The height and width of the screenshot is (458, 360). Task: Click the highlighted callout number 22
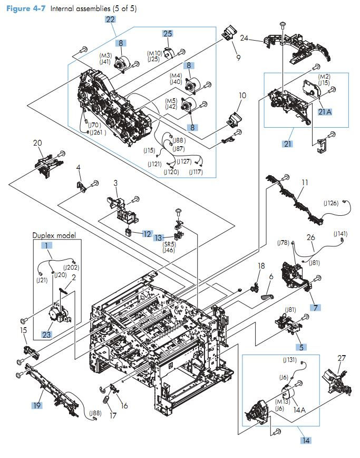pos(110,20)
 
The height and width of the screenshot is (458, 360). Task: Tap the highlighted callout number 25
pos(167,34)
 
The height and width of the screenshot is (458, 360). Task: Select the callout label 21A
pos(325,111)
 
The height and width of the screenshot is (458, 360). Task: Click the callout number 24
pos(244,38)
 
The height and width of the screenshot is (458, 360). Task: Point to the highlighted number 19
pos(36,406)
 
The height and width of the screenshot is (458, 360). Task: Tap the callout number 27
pos(342,358)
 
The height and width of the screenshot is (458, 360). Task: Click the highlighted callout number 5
pos(301,347)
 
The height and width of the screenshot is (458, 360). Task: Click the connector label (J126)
pos(331,203)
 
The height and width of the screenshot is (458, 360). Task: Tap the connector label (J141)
pos(340,233)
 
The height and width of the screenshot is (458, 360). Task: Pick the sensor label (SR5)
pos(169,244)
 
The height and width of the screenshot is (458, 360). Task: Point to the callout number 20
pos(37,143)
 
